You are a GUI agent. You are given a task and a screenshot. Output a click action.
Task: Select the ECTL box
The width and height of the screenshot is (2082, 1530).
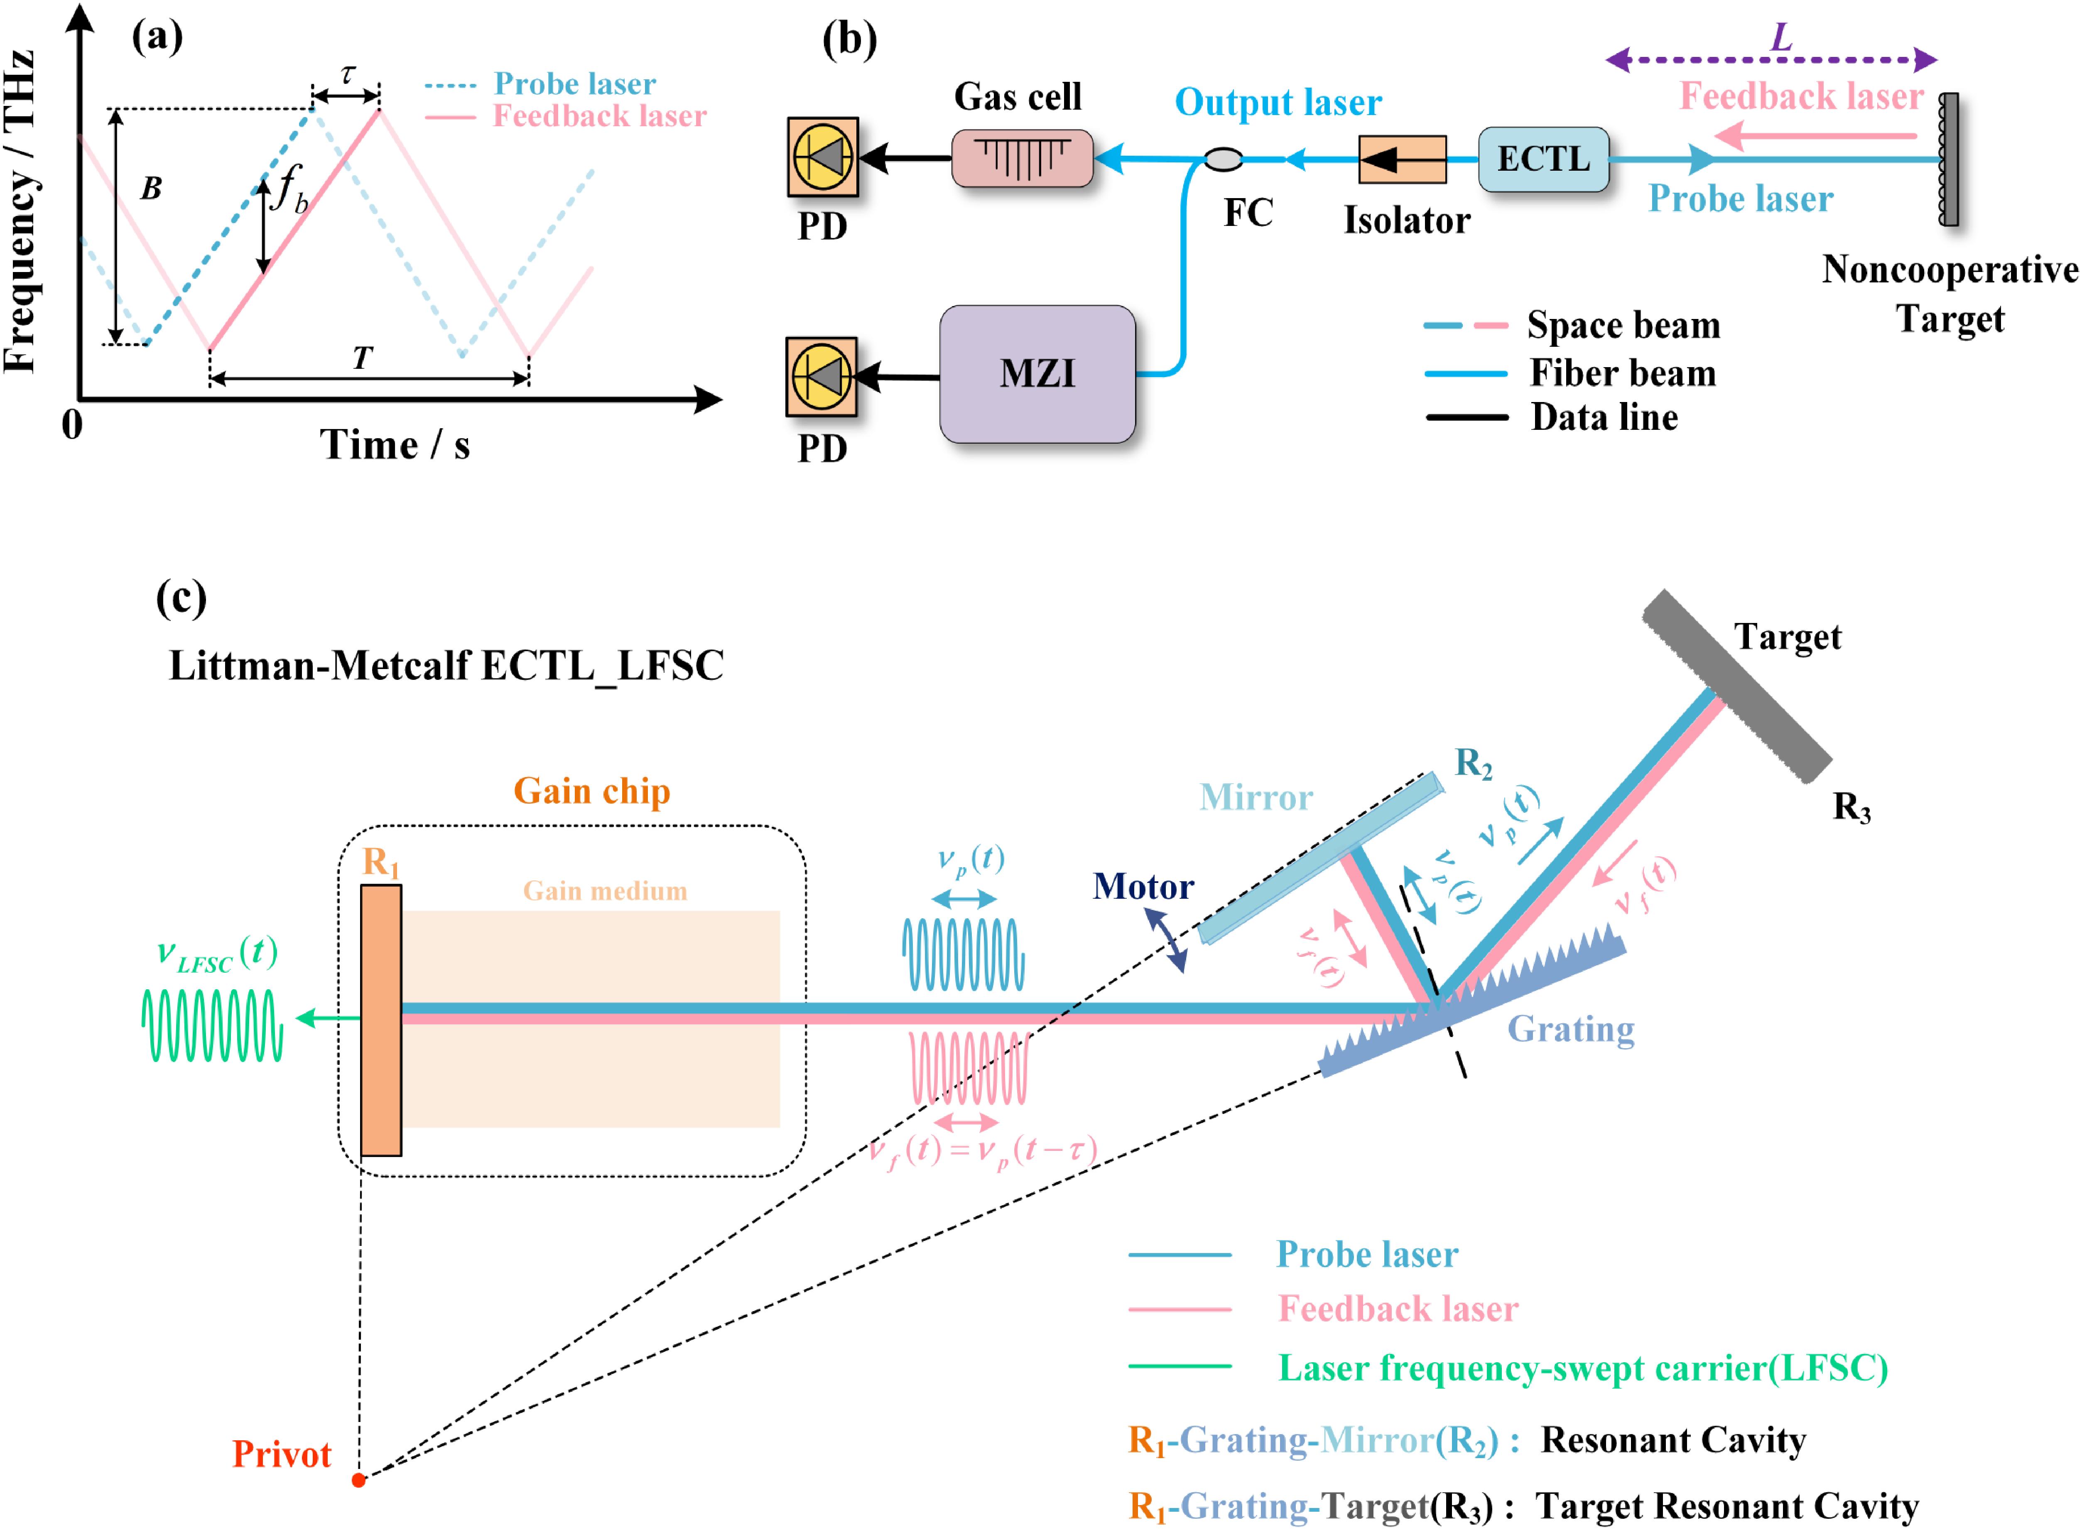pos(1543,159)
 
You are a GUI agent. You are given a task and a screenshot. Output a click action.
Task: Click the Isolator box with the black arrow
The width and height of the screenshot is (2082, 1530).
pos(1402,159)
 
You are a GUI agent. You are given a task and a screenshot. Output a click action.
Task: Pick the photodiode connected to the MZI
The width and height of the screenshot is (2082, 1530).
pos(822,377)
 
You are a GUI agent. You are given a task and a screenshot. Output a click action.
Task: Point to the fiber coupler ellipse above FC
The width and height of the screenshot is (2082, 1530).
pos(1224,159)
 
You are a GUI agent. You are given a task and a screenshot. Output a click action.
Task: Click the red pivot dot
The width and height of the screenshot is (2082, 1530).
pos(358,1480)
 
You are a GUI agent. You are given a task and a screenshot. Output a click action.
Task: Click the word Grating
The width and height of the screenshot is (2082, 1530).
pos(1571,1029)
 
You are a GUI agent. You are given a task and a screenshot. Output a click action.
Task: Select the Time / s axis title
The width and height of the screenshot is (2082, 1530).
pos(395,446)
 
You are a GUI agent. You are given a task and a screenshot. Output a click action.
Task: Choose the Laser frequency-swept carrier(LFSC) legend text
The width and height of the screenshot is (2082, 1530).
pos(1582,1368)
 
